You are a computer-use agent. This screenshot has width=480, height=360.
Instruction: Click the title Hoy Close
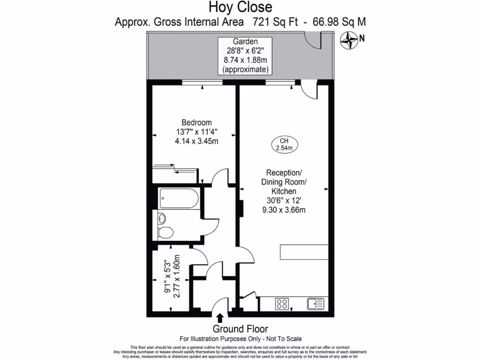point(240,7)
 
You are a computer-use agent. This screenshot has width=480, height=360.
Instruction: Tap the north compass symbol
point(349,40)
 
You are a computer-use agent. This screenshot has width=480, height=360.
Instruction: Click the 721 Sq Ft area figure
point(273,21)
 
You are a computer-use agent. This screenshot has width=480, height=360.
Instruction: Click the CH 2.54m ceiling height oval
point(283,145)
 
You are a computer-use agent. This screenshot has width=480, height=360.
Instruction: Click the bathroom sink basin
point(162,218)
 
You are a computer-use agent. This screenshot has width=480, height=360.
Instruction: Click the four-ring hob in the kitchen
point(283,303)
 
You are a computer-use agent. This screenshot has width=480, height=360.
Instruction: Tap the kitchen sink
point(315,303)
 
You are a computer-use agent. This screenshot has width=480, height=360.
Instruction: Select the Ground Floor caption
point(240,329)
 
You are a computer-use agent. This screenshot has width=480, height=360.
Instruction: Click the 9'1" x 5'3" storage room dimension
point(167,276)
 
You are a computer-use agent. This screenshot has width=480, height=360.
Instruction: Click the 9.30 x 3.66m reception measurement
point(284,210)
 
